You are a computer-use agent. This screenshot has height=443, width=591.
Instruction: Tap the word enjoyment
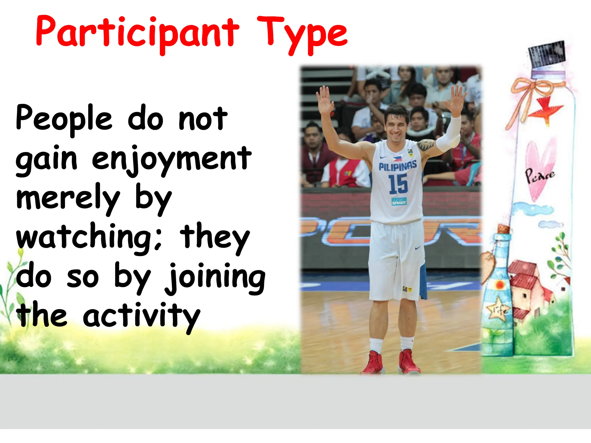pos(171,159)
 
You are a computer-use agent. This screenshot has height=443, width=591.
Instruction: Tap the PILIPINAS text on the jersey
pos(397,166)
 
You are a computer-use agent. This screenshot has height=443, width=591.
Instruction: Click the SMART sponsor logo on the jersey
pos(399,202)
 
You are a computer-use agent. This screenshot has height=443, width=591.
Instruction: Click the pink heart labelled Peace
pos(539,170)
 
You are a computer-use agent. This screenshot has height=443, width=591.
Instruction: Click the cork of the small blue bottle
pos(503,229)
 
